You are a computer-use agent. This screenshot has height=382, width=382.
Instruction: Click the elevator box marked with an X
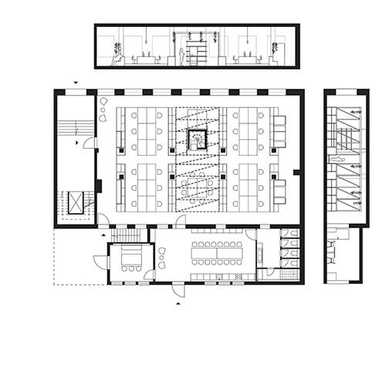tap(77, 204)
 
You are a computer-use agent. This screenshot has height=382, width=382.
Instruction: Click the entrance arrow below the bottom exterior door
tap(179, 304)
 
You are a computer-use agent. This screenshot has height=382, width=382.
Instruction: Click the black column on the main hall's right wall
tap(299, 171)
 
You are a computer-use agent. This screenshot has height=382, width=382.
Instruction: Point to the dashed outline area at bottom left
tap(77, 256)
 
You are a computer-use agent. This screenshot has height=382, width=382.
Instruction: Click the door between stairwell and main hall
tap(91, 143)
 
